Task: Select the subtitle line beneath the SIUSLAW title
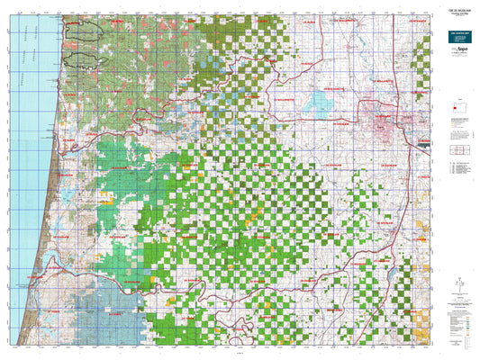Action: tap(452, 19)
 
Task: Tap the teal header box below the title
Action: tap(452, 32)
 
